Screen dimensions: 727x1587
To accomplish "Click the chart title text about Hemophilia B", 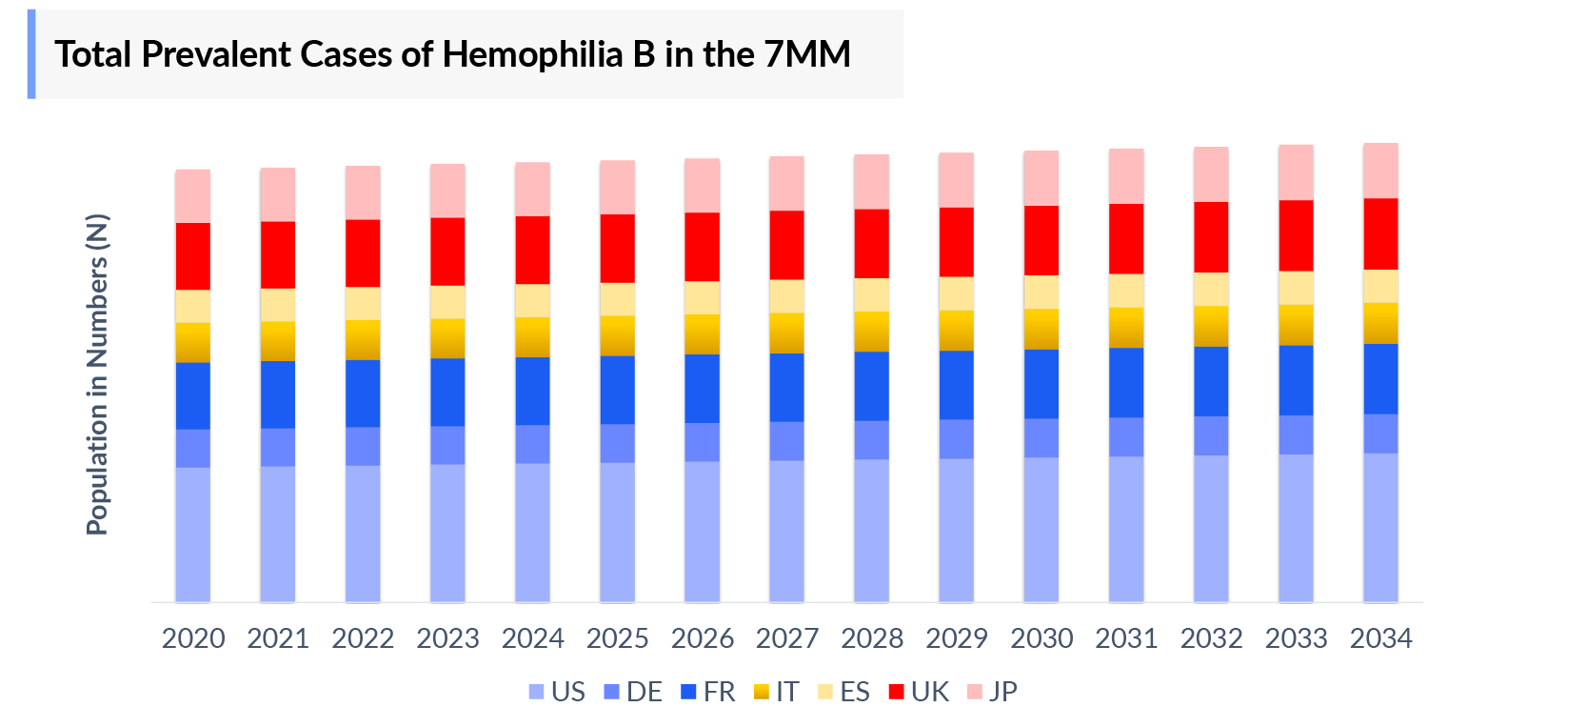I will pyautogui.click(x=452, y=54).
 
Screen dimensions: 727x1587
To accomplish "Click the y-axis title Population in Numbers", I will pyautogui.click(x=97, y=374).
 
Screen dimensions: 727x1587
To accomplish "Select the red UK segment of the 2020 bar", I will pyautogui.click(x=193, y=255).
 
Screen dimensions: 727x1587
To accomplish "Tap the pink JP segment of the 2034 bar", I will pyautogui.click(x=1380, y=171).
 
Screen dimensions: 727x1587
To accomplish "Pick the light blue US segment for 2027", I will pyautogui.click(x=786, y=531).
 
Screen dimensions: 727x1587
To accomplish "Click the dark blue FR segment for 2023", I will pyautogui.click(x=447, y=392).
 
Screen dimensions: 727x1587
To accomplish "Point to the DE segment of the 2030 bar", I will pyautogui.click(x=1041, y=437).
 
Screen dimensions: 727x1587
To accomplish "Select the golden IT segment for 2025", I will pyautogui.click(x=617, y=335).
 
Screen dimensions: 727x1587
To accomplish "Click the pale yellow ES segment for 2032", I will pyautogui.click(x=1211, y=289).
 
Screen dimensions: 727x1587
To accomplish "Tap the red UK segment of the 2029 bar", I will pyautogui.click(x=956, y=242).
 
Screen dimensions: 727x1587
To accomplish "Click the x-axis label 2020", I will pyautogui.click(x=193, y=638).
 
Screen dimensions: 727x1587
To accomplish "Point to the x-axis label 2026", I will pyautogui.click(x=703, y=638).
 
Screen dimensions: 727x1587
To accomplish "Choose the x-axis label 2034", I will pyautogui.click(x=1380, y=638).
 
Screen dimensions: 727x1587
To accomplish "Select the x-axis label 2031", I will pyautogui.click(x=1126, y=638).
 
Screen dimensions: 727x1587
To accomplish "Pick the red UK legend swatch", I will pyautogui.click(x=896, y=692).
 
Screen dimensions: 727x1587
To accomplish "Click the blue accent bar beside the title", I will pyautogui.click(x=31, y=54).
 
